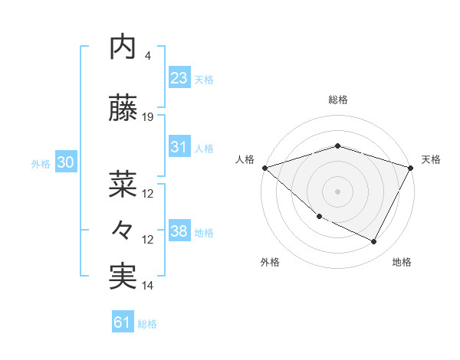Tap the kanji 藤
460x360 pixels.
coord(123,109)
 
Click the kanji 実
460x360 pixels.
coord(123,277)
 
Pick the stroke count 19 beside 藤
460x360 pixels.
coord(148,117)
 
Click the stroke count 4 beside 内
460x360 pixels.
coord(147,56)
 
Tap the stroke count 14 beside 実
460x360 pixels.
coord(148,286)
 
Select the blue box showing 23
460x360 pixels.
coord(179,77)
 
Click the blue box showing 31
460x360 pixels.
coord(179,147)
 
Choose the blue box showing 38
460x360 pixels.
coord(179,231)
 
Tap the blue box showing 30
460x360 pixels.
coord(64,162)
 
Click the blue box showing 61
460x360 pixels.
coord(122,322)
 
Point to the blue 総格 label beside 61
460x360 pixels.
coord(147,324)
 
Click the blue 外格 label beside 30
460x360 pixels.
coord(41,163)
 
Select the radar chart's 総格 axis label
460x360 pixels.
coord(337,100)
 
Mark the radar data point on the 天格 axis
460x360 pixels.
coord(411,167)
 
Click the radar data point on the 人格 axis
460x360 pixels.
coord(264,167)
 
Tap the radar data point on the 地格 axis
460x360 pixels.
coord(374,242)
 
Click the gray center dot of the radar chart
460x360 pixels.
coord(337,191)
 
